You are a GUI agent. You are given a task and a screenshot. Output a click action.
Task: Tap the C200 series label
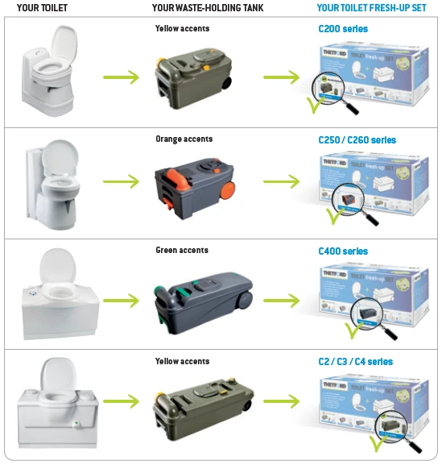[x=343, y=28]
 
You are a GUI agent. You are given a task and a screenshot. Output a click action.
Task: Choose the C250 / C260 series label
[x=357, y=139]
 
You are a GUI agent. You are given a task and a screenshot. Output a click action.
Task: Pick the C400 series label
[x=343, y=251]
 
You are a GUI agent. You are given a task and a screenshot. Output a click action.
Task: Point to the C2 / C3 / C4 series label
[x=356, y=362]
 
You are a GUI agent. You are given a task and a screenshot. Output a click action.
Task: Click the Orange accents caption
[x=184, y=139]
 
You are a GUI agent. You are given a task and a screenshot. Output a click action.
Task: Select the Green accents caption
[x=183, y=250]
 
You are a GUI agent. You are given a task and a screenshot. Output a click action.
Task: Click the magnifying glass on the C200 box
[x=332, y=86]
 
